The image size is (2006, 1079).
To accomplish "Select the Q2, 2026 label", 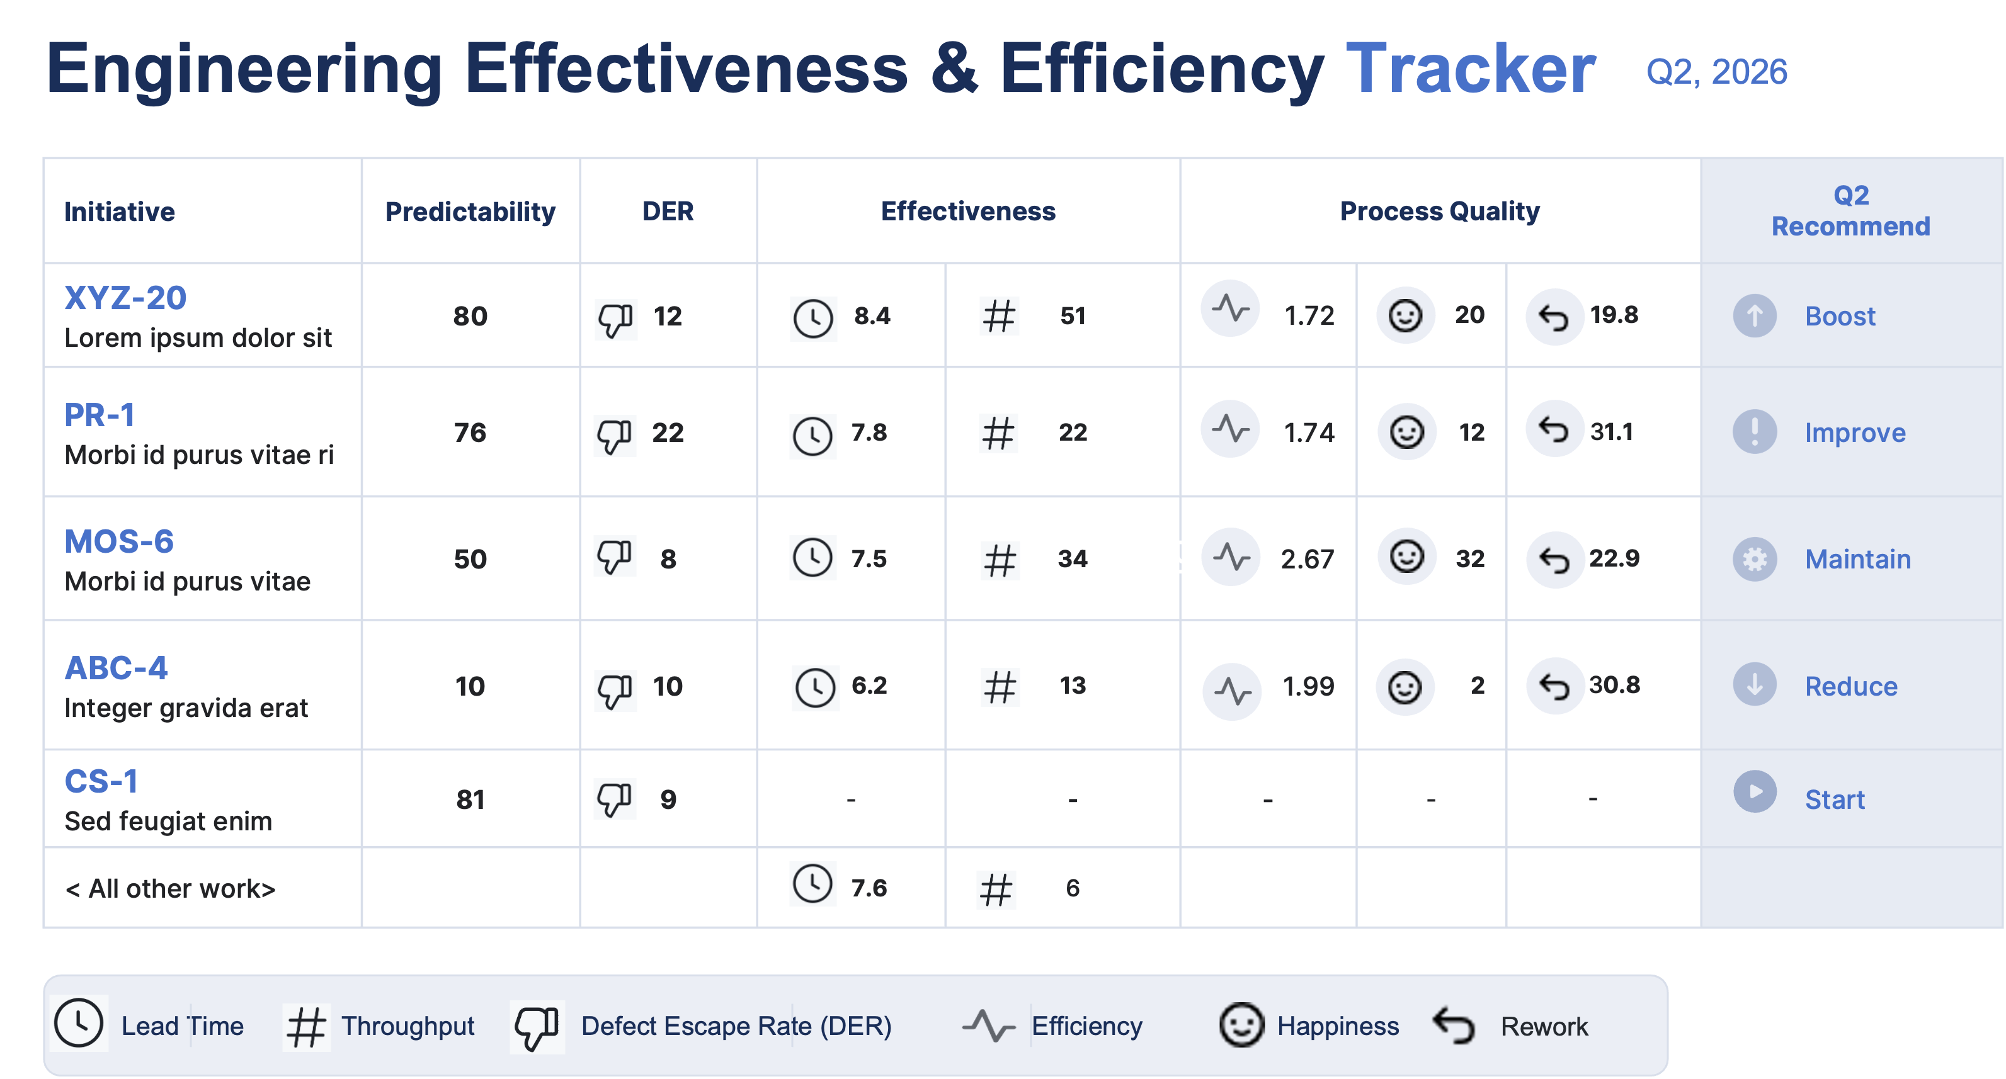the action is coord(1716,72).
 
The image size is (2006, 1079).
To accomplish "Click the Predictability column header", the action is coord(470,212).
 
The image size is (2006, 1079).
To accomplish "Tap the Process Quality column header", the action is coord(1440,212).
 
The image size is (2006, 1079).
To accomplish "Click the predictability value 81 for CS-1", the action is coord(470,799).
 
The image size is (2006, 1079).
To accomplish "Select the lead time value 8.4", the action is coord(872,316).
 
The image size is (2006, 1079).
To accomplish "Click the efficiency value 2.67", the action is coord(1308,559).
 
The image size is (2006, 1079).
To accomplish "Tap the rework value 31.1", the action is coord(1611,431).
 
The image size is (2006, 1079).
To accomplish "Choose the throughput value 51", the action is coord(1073,316).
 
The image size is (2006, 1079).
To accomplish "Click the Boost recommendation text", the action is coord(1840,317).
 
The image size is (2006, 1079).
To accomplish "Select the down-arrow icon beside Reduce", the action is coord(1755,684).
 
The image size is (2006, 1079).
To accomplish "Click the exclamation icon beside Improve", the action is coord(1755,431).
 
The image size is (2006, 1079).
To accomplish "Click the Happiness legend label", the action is coord(1338,1026).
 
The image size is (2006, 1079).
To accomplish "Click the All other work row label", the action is coord(170,889).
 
